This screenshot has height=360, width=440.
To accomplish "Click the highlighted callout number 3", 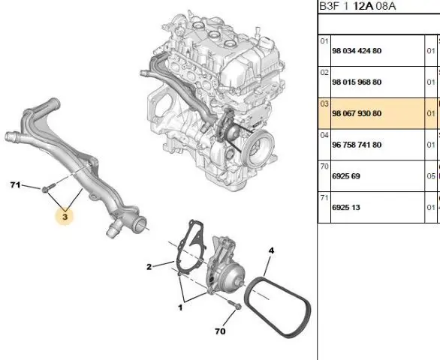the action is click(x=65, y=217).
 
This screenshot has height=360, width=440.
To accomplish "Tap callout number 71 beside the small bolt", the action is click(x=15, y=184).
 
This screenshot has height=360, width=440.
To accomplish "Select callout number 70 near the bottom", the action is click(x=220, y=331).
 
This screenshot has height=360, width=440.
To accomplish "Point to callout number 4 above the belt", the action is click(x=271, y=250).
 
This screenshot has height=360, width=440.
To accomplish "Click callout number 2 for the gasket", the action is click(x=149, y=267).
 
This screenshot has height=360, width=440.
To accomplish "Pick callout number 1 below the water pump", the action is click(x=180, y=307).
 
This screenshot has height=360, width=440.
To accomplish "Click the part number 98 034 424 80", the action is click(x=357, y=51).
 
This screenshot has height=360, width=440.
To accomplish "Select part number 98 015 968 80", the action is click(x=357, y=82).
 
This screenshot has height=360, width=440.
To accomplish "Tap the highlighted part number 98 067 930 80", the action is click(x=357, y=113).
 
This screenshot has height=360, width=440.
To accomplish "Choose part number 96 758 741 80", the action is click(x=357, y=145).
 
